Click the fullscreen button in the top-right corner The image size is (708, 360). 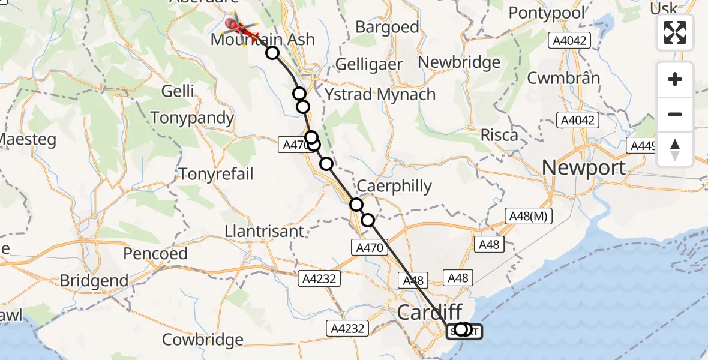point(675,32)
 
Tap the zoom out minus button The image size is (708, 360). point(675,114)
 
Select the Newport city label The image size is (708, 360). point(584,167)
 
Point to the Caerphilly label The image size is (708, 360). point(396,186)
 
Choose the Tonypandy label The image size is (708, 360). point(192,118)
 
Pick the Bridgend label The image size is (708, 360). point(94,280)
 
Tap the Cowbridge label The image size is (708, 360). point(203,340)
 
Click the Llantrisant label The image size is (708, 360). point(265,231)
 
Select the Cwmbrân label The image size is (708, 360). point(563,78)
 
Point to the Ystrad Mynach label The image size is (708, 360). point(380,94)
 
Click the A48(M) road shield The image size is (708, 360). point(528,217)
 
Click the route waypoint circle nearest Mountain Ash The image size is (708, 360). point(272,53)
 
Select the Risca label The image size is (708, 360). point(499,135)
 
